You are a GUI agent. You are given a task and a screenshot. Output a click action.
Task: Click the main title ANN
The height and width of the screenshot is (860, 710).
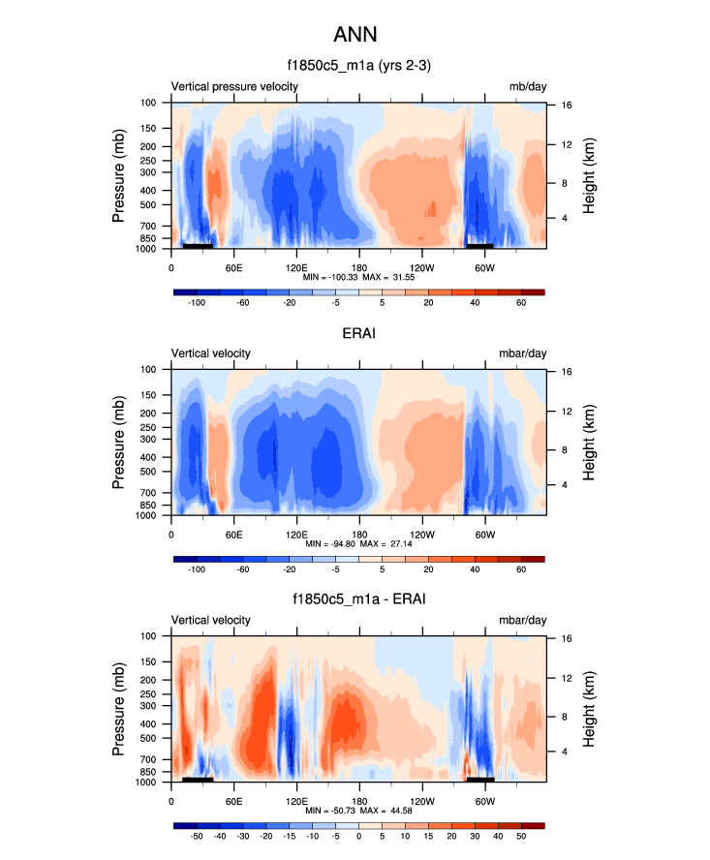[355, 35]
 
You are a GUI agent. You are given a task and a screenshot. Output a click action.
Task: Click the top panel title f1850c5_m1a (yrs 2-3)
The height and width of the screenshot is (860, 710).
[358, 67]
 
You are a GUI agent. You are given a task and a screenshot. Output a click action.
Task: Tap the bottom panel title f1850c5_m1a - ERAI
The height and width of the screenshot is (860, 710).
[358, 600]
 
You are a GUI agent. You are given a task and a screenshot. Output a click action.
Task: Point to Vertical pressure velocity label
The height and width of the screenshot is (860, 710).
[234, 87]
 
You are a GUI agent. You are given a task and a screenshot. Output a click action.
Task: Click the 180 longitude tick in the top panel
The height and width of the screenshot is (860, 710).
[359, 266]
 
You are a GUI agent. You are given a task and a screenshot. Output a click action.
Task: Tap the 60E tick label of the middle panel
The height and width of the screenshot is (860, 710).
[233, 534]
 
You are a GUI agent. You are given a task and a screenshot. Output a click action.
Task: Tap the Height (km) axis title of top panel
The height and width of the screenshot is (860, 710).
[589, 175]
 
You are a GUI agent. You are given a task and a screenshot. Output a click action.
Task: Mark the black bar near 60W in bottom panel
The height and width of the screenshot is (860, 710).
[480, 779]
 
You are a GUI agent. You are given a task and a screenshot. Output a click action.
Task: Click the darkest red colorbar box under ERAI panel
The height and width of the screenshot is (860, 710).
[534, 559]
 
